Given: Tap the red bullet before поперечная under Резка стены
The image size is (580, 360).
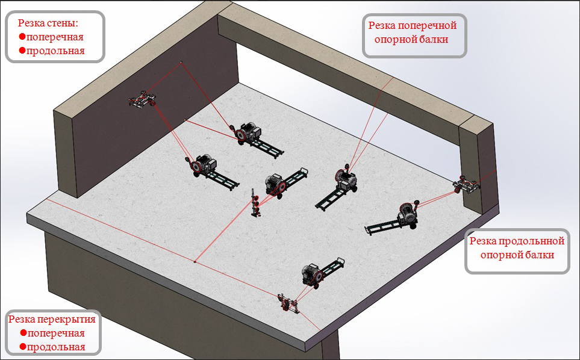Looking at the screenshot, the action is pos(22,37).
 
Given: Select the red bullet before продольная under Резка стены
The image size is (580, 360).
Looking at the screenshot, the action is pos(22,50).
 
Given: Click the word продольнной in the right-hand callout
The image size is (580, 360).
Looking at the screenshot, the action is pos(532,241).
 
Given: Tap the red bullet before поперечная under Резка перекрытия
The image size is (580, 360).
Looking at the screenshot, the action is pos(23,333).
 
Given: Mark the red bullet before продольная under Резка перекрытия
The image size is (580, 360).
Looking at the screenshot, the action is pos(23,347).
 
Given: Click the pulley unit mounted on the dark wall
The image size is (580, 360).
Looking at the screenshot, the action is pos(142,99).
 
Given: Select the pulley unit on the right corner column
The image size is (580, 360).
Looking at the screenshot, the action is pos(466,184).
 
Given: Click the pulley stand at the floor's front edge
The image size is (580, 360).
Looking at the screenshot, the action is pos(288,303).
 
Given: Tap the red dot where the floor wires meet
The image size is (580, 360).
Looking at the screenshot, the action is pos(195,262).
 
